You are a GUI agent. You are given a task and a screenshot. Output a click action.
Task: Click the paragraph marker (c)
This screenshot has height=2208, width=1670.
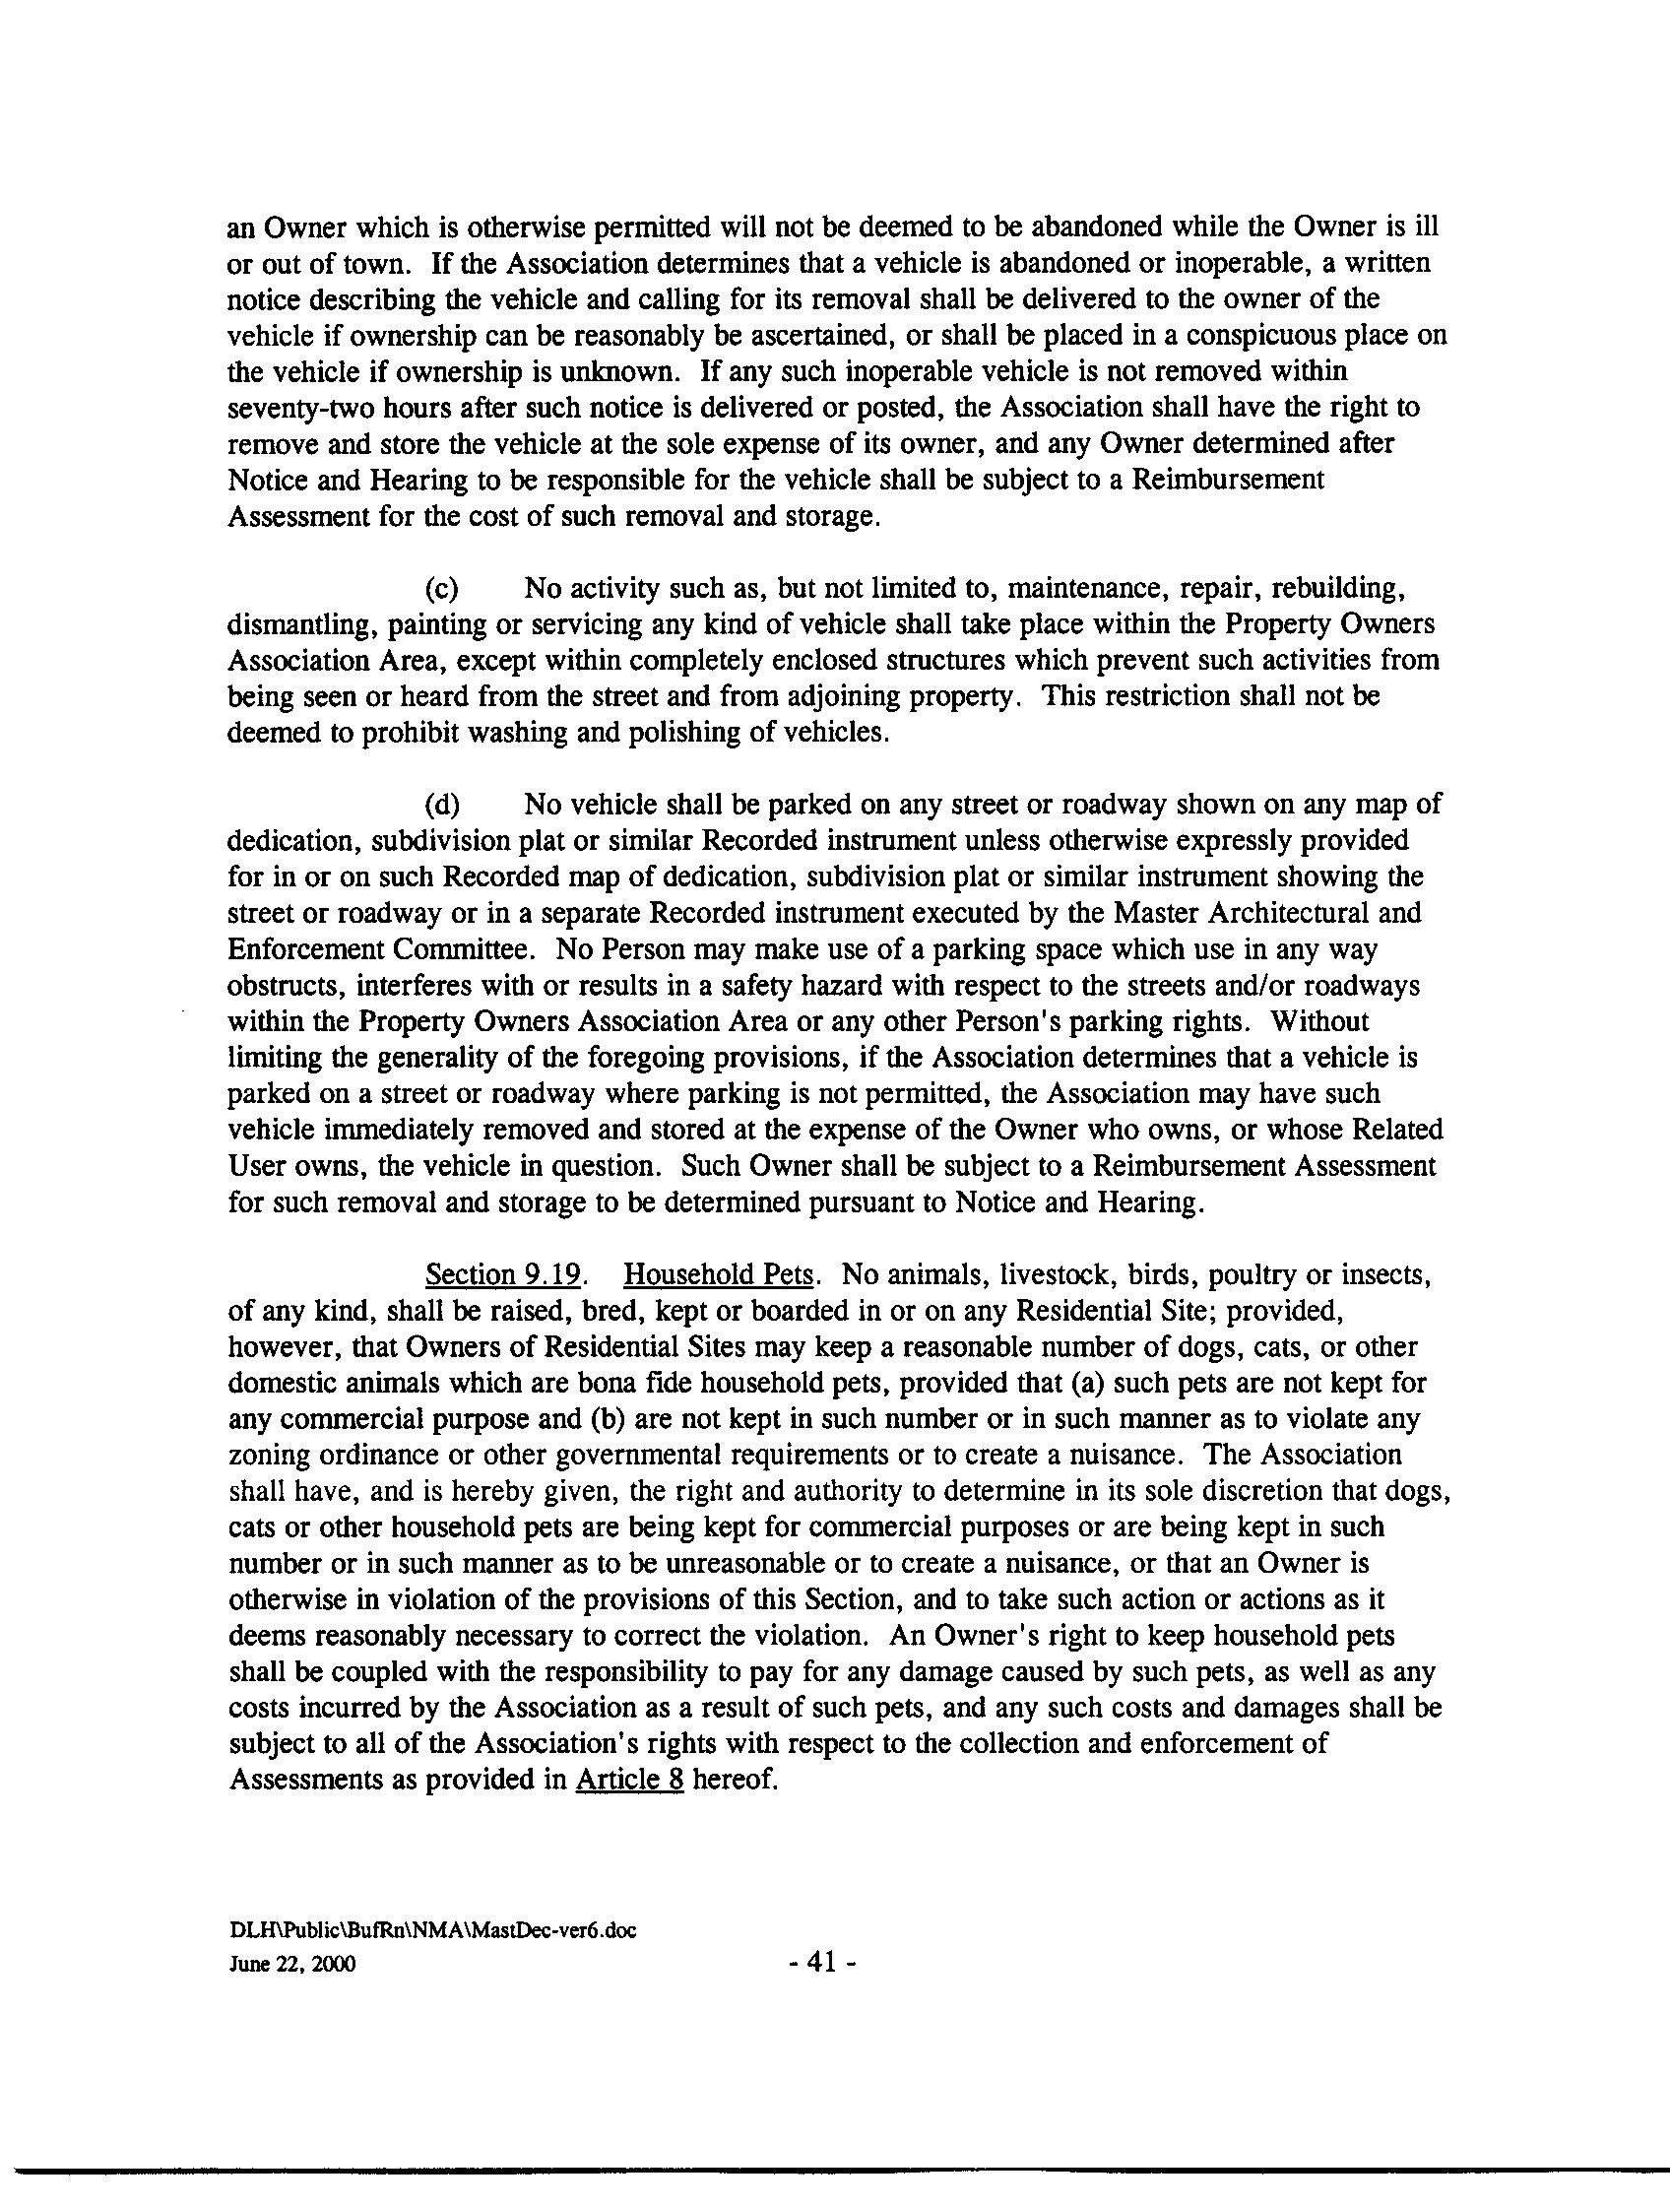tap(441, 588)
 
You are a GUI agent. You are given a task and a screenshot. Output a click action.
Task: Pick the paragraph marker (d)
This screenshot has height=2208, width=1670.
tap(441, 805)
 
